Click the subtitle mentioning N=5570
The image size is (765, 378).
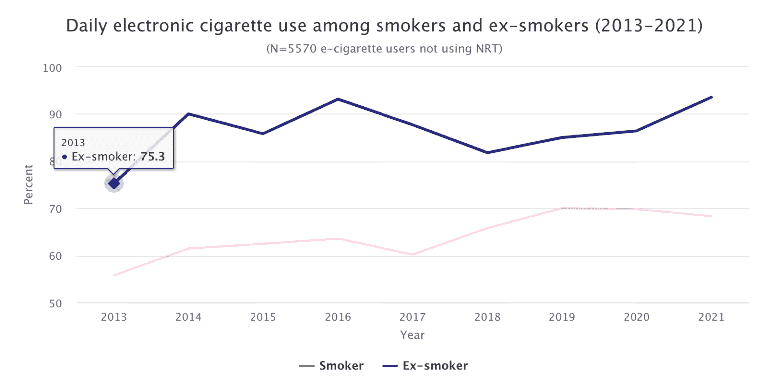(x=384, y=49)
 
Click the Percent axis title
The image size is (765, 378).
(x=28, y=185)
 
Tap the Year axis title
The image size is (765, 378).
(x=413, y=335)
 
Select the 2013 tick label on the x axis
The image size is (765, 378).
(x=114, y=317)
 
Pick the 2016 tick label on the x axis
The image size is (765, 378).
(x=338, y=317)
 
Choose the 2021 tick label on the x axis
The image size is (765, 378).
(x=711, y=317)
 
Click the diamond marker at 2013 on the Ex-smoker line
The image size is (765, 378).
(x=114, y=184)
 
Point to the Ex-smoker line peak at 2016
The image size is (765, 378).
(x=338, y=99)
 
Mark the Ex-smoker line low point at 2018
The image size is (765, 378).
(x=488, y=152)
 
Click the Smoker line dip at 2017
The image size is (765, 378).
(x=413, y=255)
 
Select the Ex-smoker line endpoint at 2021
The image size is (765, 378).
(x=711, y=97)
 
